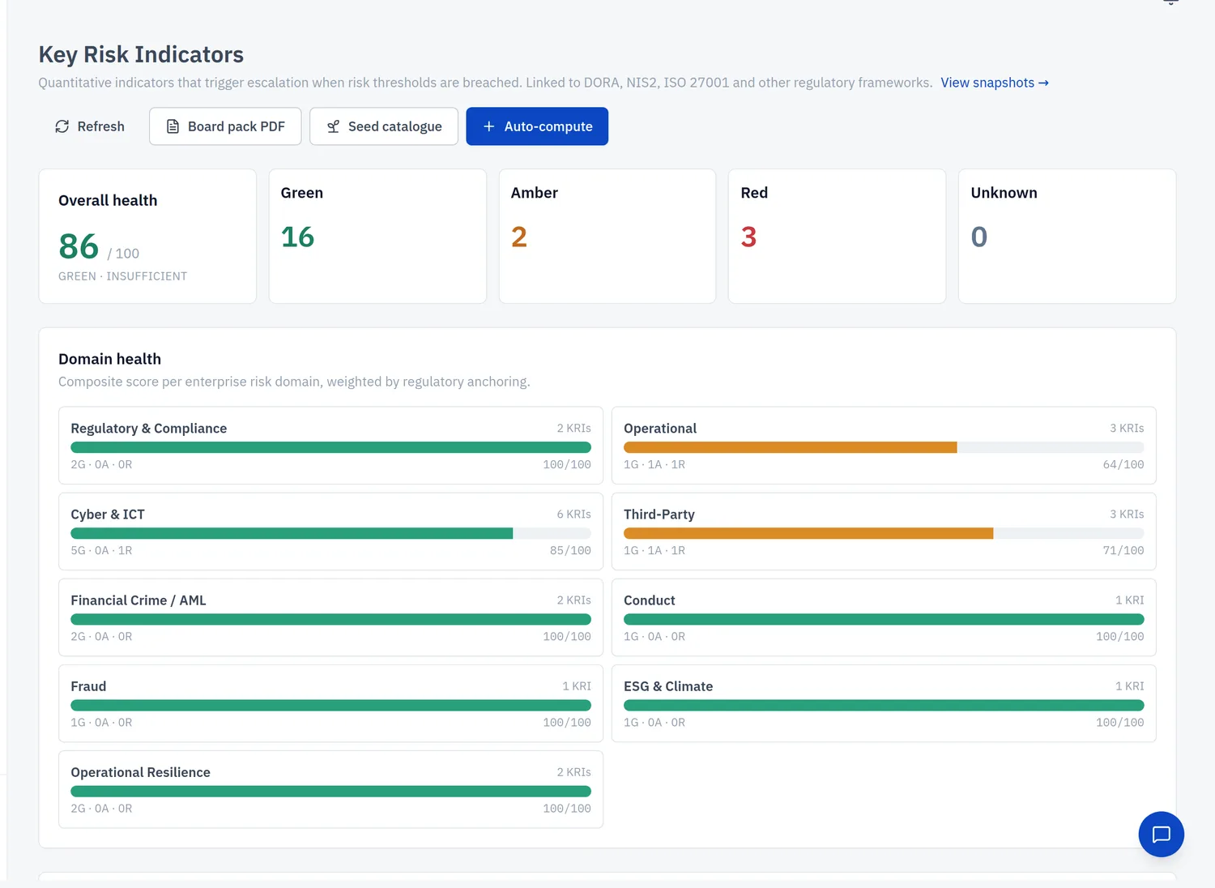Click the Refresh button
click(x=89, y=126)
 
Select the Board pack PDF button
click(x=225, y=126)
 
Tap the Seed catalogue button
click(x=384, y=126)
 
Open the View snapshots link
click(x=994, y=83)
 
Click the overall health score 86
click(x=79, y=246)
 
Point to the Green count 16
click(x=297, y=237)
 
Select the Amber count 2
click(x=519, y=237)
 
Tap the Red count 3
click(x=749, y=237)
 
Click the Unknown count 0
click(x=979, y=237)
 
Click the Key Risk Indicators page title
click(x=141, y=54)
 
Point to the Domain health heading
click(x=109, y=359)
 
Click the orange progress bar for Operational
click(x=791, y=447)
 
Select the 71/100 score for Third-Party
click(x=1123, y=550)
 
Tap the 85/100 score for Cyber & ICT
click(x=570, y=550)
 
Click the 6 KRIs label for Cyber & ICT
click(x=573, y=514)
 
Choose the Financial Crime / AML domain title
click(x=139, y=600)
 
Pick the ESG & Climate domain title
click(x=668, y=686)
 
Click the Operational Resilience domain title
click(x=140, y=772)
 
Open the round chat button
click(x=1162, y=835)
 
